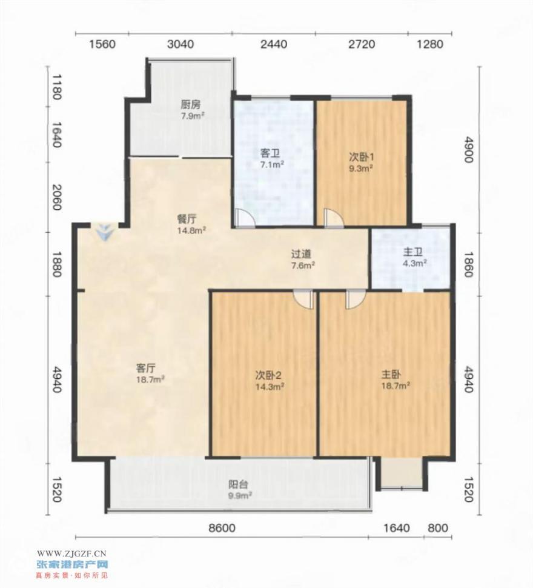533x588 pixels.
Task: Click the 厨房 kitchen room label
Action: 190,104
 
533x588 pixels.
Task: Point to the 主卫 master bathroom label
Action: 412,252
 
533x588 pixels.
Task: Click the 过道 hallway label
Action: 301,254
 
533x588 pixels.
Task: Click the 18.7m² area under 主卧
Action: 396,386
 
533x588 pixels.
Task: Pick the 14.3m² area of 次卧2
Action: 270,386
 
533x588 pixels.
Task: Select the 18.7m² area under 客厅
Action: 150,379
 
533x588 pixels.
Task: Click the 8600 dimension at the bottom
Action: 222,528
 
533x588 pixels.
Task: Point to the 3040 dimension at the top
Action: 180,44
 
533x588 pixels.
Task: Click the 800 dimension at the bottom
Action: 437,528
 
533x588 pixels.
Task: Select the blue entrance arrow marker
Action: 105,232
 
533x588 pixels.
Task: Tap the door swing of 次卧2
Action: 303,299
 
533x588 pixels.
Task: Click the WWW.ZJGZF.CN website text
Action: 72,553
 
